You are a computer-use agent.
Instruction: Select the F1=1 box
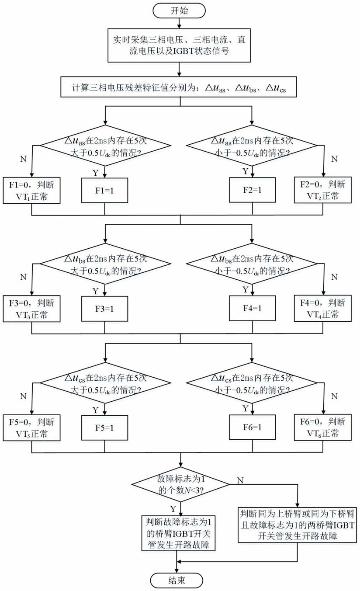[x=105, y=191]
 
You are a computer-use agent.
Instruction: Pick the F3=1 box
[x=105, y=308]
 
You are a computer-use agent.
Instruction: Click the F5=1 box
[x=105, y=428]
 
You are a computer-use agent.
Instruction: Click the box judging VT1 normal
[x=32, y=191]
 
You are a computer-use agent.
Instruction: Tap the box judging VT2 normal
[x=323, y=191]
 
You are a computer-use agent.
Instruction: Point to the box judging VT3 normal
[x=32, y=308]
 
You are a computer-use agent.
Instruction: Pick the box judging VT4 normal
[x=323, y=308]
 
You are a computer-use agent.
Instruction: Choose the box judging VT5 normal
[x=32, y=428]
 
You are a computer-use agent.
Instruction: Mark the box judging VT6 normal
[x=323, y=428]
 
